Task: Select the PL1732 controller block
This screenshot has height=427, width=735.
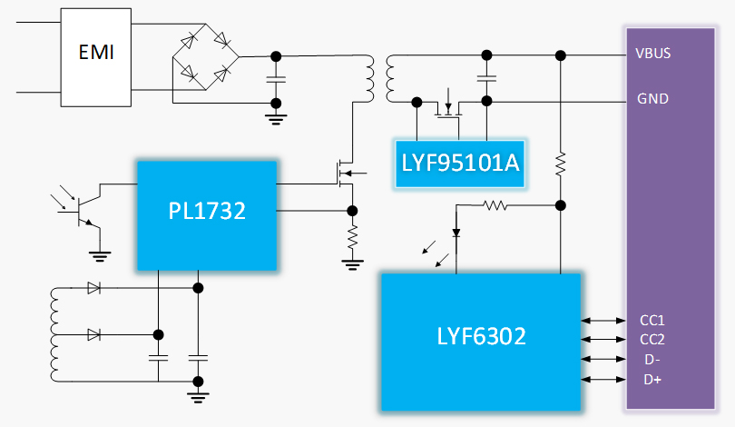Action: [x=206, y=214]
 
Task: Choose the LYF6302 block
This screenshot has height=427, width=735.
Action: [x=480, y=338]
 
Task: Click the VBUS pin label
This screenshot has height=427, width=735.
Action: [x=653, y=53]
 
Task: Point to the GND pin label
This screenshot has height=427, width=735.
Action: [x=653, y=98]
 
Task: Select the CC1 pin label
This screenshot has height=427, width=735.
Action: [x=652, y=320]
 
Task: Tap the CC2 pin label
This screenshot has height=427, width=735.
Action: [x=652, y=340]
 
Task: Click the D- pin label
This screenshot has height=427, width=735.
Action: [x=652, y=360]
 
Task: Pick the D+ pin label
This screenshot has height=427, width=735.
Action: [x=652, y=380]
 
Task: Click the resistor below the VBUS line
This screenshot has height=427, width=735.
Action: [x=561, y=164]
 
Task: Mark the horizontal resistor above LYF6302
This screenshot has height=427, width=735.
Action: [x=495, y=205]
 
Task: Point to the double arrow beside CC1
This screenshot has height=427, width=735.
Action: [x=600, y=320]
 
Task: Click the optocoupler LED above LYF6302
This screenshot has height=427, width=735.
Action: [x=456, y=233]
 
